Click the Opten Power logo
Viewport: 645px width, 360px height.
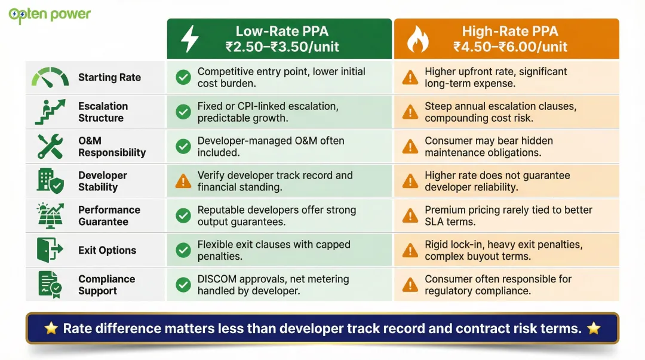[50, 14]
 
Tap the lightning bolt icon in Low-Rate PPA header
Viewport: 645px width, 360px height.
[189, 39]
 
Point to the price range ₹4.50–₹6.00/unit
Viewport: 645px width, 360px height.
[510, 47]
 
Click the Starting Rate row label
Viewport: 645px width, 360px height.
[109, 78]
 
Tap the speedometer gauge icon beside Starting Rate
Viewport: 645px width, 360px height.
[50, 78]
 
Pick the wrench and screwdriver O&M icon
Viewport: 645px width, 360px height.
[50, 146]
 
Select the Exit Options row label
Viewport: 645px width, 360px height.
[107, 250]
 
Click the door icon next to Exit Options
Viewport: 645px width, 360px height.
[49, 250]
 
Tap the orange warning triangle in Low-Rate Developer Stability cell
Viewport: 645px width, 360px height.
[183, 181]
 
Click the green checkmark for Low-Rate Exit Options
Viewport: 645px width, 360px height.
[183, 250]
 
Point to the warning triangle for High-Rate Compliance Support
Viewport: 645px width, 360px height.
[410, 285]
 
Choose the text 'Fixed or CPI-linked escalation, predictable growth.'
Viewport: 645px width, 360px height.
[268, 112]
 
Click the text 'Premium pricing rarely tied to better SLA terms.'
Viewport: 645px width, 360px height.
[508, 216]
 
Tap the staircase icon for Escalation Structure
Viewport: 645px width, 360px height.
[50, 112]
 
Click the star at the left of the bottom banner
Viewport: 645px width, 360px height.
[51, 328]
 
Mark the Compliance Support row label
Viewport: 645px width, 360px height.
[106, 285]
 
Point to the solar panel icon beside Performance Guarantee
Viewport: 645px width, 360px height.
[50, 216]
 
